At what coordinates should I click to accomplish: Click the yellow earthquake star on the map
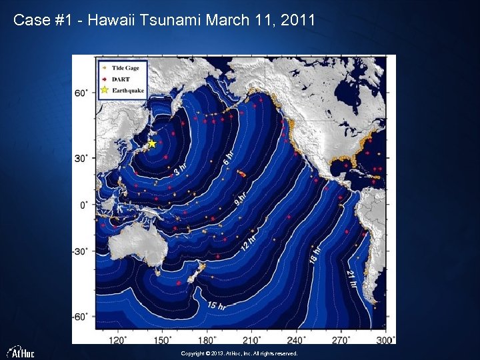tap(152, 143)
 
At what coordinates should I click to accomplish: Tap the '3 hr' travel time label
tap(179, 171)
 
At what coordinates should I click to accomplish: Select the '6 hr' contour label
tap(228, 157)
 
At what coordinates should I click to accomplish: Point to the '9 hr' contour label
tap(240, 198)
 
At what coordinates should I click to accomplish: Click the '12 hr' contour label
tap(247, 243)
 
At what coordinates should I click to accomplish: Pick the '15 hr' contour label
tap(215, 306)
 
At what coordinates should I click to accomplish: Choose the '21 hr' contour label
tap(351, 277)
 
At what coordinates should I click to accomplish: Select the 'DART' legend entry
tap(120, 79)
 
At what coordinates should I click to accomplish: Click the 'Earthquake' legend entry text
tap(128, 90)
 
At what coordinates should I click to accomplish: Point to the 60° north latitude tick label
tap(80, 93)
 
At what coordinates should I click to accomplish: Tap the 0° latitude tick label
tap(83, 205)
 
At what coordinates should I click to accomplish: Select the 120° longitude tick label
tap(117, 339)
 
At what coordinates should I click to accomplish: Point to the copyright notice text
tap(239, 354)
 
